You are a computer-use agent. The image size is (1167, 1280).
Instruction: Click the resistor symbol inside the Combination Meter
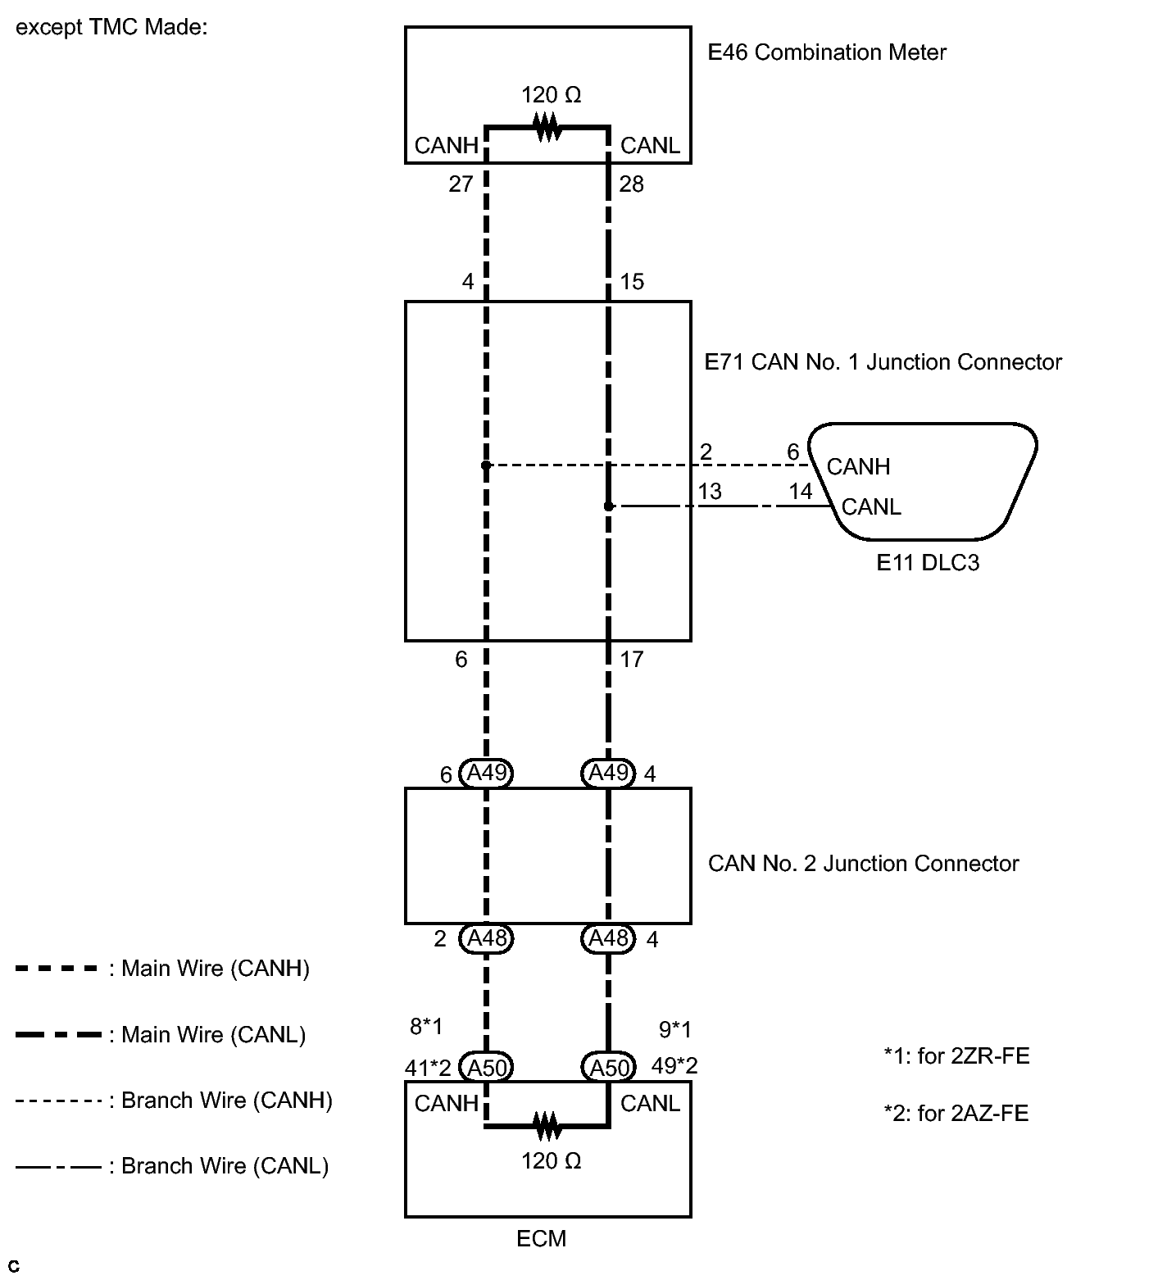(547, 127)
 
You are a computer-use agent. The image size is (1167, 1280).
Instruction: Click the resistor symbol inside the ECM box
(547, 1126)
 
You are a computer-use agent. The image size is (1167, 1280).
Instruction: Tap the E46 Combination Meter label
(826, 52)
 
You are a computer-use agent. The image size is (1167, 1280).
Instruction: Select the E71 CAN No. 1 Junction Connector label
(883, 362)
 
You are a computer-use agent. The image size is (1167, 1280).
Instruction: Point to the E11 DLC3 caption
(928, 563)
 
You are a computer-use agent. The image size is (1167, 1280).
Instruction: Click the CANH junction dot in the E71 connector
(486, 465)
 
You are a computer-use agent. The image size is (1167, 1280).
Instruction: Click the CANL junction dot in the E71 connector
(608, 506)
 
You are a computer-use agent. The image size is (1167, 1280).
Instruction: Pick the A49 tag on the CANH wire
(487, 773)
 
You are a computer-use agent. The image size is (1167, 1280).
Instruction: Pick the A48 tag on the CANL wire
(608, 937)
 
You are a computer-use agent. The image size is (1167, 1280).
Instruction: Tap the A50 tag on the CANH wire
(487, 1067)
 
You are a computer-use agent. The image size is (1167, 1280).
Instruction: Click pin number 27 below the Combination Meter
(461, 184)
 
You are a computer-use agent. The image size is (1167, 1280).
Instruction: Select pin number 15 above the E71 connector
(632, 282)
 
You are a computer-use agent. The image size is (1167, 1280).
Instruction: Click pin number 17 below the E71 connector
(632, 659)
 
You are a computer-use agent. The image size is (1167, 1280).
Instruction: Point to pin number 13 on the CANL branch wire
(710, 491)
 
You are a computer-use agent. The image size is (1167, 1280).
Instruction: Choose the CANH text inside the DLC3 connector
(858, 466)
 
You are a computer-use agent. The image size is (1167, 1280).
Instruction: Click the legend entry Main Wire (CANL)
(213, 1035)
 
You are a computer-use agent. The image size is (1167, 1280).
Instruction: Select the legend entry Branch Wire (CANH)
(226, 1100)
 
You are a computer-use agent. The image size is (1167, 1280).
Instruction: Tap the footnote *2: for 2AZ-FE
(956, 1113)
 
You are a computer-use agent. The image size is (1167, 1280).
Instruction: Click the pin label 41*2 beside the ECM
(428, 1068)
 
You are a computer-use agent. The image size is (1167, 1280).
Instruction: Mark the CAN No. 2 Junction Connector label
(863, 864)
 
